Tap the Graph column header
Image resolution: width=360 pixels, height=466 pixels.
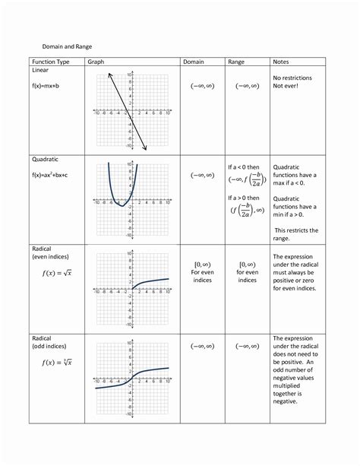(x=95, y=61)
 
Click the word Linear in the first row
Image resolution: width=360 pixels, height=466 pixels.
(x=40, y=70)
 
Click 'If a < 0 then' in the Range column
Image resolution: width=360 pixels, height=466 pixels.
(x=248, y=167)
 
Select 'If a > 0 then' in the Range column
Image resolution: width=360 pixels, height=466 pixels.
(x=248, y=199)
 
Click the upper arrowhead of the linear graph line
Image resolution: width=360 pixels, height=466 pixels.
(x=109, y=74)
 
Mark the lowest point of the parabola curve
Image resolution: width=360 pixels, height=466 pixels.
(x=122, y=207)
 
